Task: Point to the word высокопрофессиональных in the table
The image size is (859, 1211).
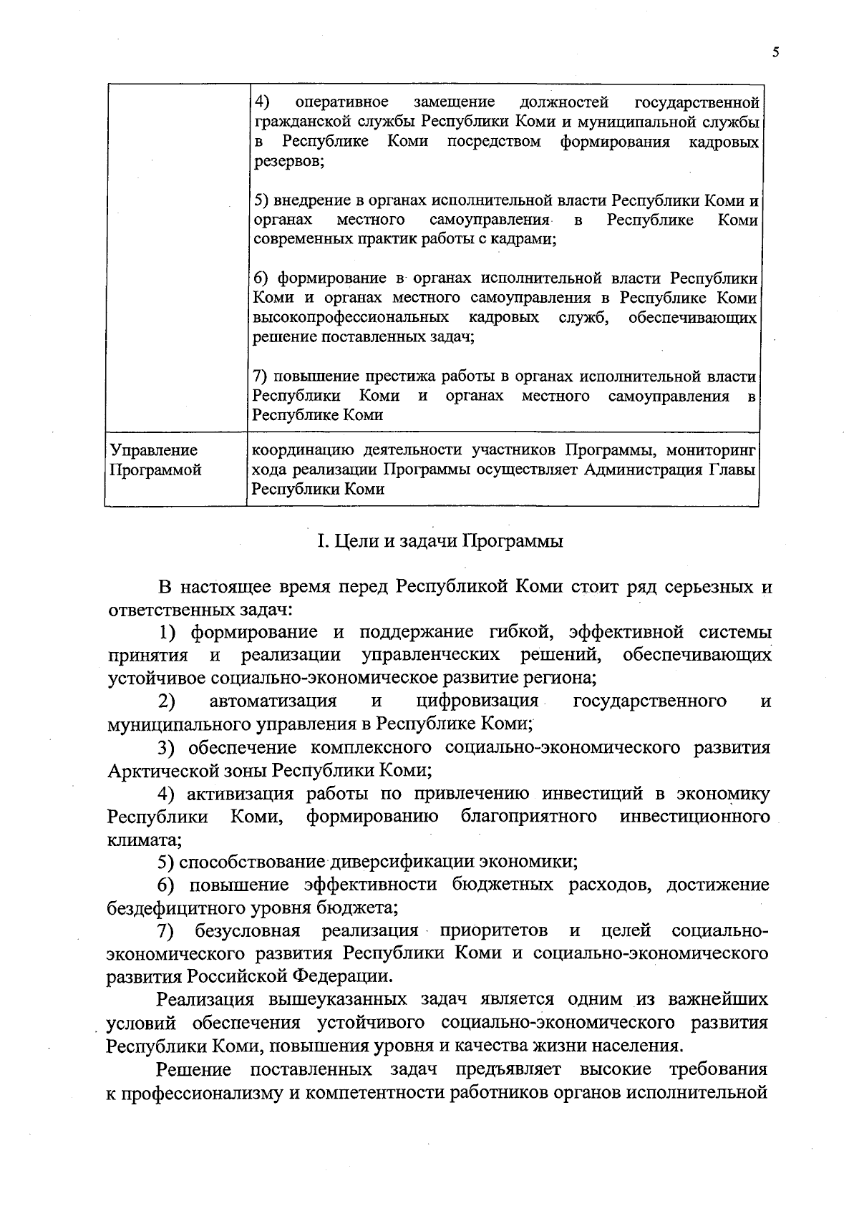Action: coord(351,317)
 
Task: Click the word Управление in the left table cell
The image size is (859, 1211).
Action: coord(153,450)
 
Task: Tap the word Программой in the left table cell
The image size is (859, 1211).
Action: coord(155,470)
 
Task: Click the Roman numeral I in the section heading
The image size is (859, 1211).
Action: coord(321,541)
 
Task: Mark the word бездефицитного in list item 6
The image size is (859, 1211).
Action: coord(180,908)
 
